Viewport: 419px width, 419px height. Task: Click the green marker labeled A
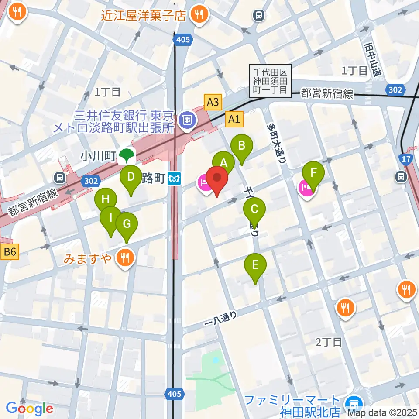pos(224,163)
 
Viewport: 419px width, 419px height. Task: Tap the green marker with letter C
pos(254,208)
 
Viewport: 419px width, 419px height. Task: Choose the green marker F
pos(313,173)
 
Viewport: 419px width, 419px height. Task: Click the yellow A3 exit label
pos(213,103)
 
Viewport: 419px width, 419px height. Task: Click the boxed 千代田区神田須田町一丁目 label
pos(270,81)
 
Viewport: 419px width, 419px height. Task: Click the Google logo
pos(30,409)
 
